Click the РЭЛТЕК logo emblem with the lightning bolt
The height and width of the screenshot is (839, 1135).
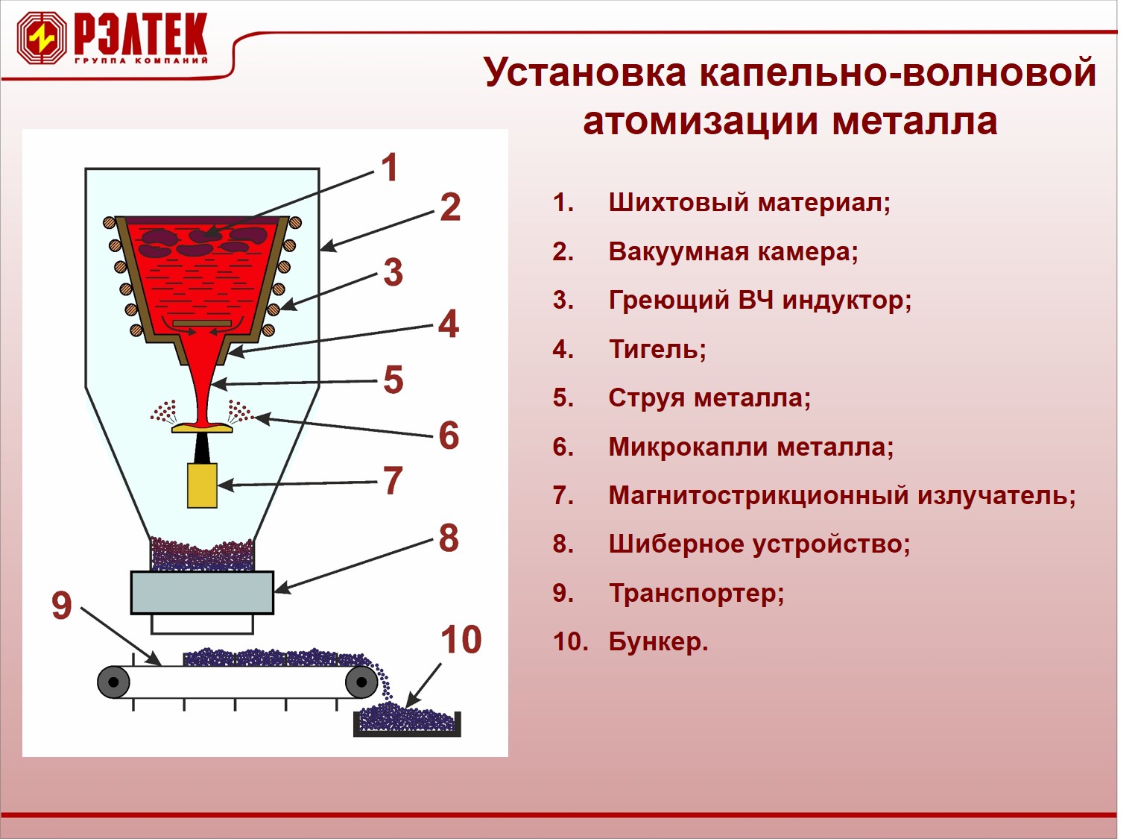click(x=42, y=38)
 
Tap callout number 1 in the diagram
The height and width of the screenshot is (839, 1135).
click(x=390, y=167)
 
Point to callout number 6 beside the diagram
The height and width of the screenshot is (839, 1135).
click(x=449, y=435)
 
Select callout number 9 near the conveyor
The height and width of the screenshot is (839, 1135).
click(x=62, y=605)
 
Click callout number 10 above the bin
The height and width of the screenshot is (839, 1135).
click(x=461, y=639)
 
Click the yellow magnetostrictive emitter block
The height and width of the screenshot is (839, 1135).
click(x=202, y=485)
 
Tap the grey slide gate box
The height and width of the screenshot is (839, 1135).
click(x=202, y=592)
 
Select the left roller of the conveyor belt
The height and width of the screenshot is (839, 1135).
click(x=113, y=682)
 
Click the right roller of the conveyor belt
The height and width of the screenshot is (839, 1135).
click(x=361, y=682)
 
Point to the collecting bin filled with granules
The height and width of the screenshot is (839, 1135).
click(x=407, y=722)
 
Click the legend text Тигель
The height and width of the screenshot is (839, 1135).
click(x=657, y=349)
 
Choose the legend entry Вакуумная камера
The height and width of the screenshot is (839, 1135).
click(x=733, y=252)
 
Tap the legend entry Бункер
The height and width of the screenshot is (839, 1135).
click(x=659, y=641)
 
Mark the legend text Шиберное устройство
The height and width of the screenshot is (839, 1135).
click(x=759, y=544)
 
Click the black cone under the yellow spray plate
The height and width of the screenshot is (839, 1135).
click(x=202, y=447)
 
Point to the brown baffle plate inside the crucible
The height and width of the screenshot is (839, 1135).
click(x=202, y=323)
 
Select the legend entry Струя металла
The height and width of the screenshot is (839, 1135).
click(x=709, y=398)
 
